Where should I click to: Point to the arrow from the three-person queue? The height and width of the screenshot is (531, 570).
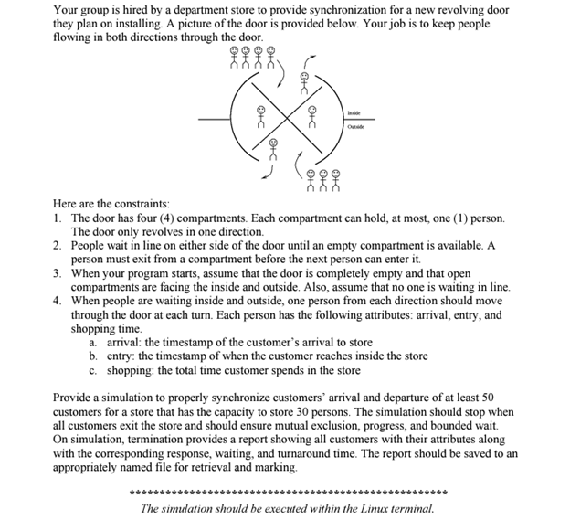click(x=299, y=166)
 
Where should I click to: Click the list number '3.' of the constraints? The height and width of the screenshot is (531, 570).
click(x=58, y=273)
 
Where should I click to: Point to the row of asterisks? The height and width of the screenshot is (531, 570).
click(x=289, y=494)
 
